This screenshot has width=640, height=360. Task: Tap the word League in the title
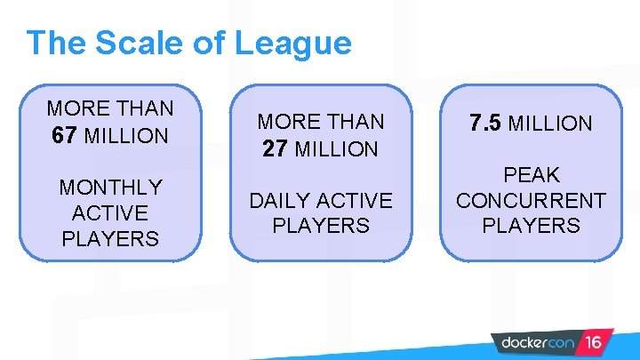click(292, 44)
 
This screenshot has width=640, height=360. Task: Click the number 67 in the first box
click(65, 136)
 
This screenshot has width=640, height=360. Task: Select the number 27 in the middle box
click(275, 149)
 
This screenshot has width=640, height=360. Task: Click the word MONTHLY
click(110, 188)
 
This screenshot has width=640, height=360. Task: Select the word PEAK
click(531, 175)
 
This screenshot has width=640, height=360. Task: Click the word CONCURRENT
click(531, 200)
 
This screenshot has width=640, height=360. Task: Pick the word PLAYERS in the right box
click(531, 226)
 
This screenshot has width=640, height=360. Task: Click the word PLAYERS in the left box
click(110, 239)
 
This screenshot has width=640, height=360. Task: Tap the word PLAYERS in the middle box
click(320, 226)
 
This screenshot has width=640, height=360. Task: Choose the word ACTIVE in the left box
click(110, 213)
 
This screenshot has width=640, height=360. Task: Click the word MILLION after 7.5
click(549, 124)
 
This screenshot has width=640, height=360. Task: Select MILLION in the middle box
click(337, 149)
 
